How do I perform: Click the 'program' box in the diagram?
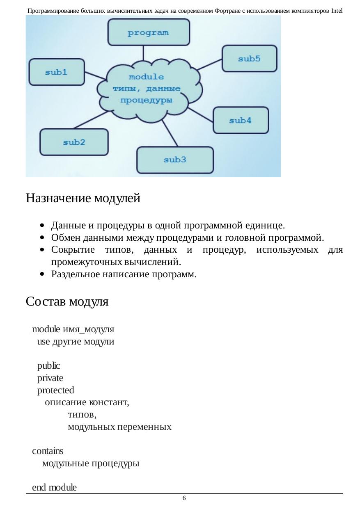click(x=148, y=32)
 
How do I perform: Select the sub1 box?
click(x=56, y=72)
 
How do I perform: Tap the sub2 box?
click(x=74, y=142)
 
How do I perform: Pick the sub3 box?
click(x=175, y=160)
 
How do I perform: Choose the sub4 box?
click(x=240, y=120)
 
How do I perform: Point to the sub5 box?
click(x=249, y=59)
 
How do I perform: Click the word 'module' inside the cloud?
click(x=146, y=77)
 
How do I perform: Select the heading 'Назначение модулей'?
click(x=83, y=199)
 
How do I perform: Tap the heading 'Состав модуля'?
click(x=67, y=302)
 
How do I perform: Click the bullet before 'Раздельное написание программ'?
click(x=42, y=275)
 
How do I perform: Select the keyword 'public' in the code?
click(x=48, y=365)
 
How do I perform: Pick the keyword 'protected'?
click(x=55, y=390)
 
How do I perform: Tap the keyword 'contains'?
click(x=48, y=451)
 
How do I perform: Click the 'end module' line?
click(x=54, y=487)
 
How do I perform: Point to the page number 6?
click(x=184, y=498)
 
